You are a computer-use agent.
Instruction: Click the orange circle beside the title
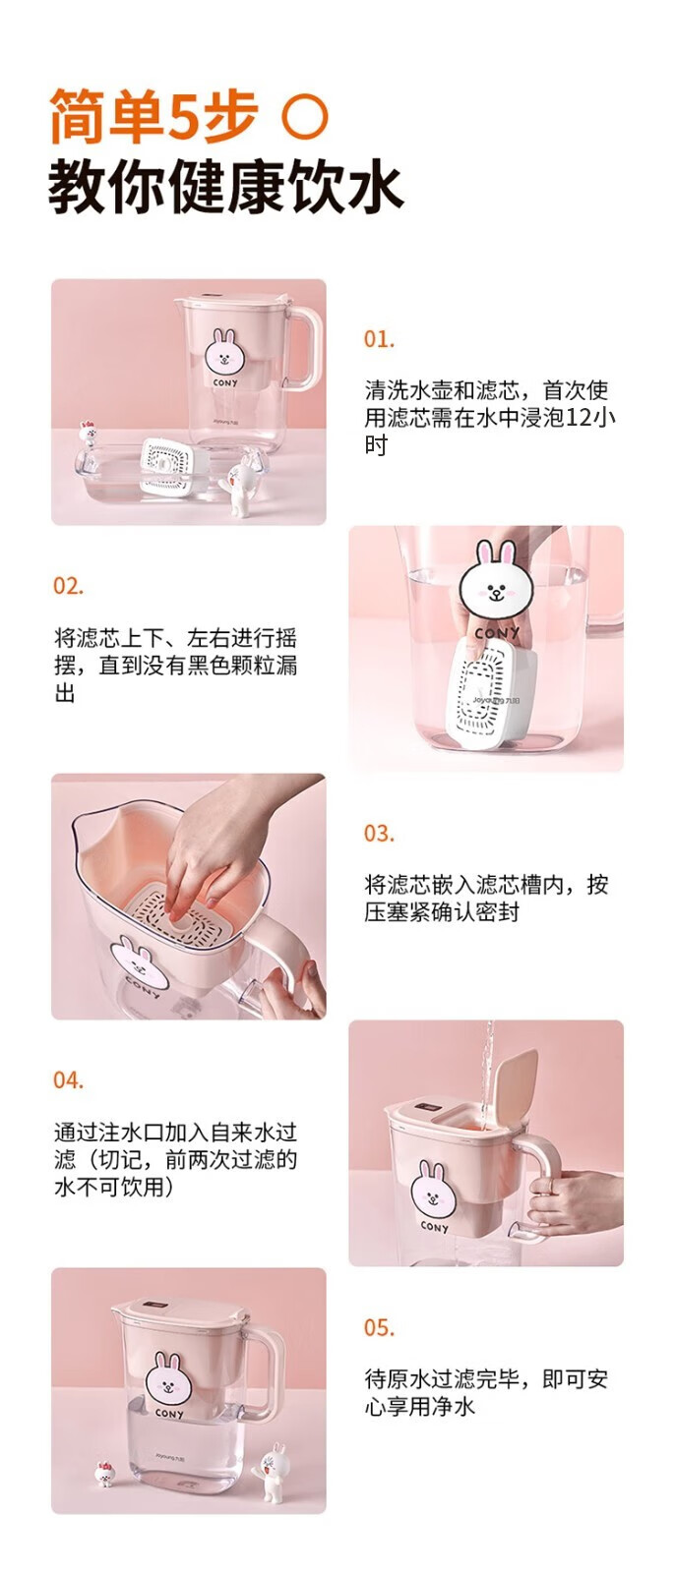pos(305,117)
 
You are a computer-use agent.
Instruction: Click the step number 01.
pos(379,340)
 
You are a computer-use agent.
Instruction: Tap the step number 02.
pos(68,586)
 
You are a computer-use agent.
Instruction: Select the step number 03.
pos(379,835)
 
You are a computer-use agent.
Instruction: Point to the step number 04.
pos(68,1080)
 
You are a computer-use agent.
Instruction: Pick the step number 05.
pos(379,1328)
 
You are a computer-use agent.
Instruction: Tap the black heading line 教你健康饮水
pos(225,188)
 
